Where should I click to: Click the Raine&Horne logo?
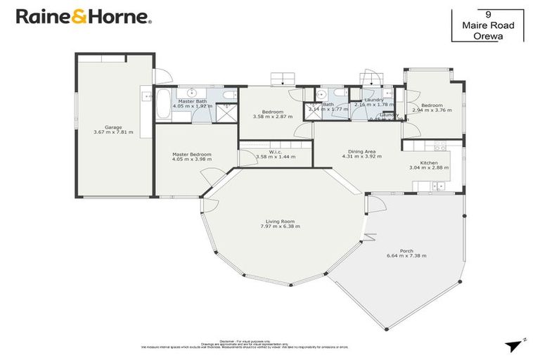coord(83,17)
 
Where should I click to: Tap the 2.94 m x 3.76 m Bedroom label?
coord(432,107)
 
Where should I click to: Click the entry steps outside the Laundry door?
coord(370,77)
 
